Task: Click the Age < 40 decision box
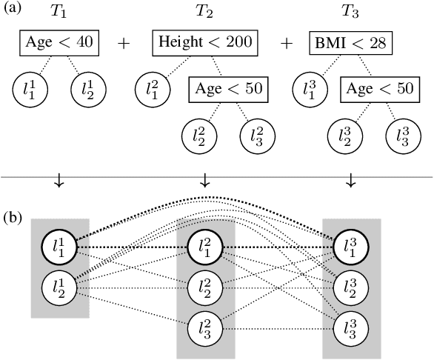[60, 43]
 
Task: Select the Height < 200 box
[205, 43]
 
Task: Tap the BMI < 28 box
[349, 43]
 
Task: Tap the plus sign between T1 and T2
[124, 43]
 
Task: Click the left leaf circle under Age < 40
[30, 90]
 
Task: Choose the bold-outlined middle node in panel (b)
[205, 247]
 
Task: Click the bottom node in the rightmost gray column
[351, 327]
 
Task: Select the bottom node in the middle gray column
[205, 327]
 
